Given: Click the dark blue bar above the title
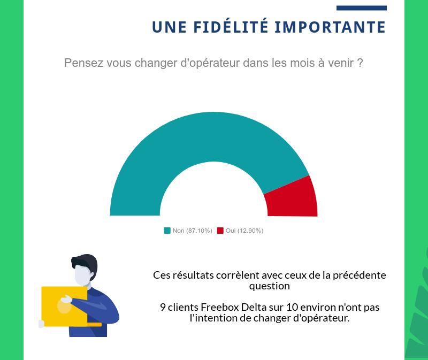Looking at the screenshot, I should (361, 8).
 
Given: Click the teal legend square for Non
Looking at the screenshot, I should (167, 231).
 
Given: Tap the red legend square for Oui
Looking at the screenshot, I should (220, 231).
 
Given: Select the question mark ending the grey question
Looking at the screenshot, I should (360, 63).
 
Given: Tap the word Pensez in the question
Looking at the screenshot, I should (83, 63).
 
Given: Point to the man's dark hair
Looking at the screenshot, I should (86, 263).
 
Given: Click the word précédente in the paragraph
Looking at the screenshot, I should (359, 275).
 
